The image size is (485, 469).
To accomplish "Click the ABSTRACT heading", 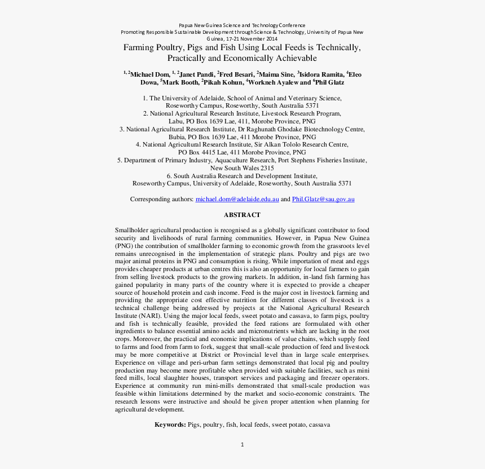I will pos(242,215).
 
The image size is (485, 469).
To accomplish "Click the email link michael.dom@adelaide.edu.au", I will pos(237,200).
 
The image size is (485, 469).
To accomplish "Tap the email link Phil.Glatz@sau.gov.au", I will pos(323,200).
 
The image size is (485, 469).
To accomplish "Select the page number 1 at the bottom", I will pos(242,445).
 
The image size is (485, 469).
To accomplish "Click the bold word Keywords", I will pos(170,424).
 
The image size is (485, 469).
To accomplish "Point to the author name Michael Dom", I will pos(149,74).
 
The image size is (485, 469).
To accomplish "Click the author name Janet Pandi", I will pos(197,74).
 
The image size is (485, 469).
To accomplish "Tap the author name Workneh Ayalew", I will pos(272,82).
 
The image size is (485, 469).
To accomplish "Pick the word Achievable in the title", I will pos(293,59).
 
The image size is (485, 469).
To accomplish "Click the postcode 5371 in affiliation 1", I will pos(312,105).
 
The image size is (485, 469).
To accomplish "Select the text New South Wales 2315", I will pos(242,168).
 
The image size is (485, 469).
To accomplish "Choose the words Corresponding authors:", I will pos(161,200).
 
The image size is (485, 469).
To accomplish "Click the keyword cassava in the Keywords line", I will pos(319,424).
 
